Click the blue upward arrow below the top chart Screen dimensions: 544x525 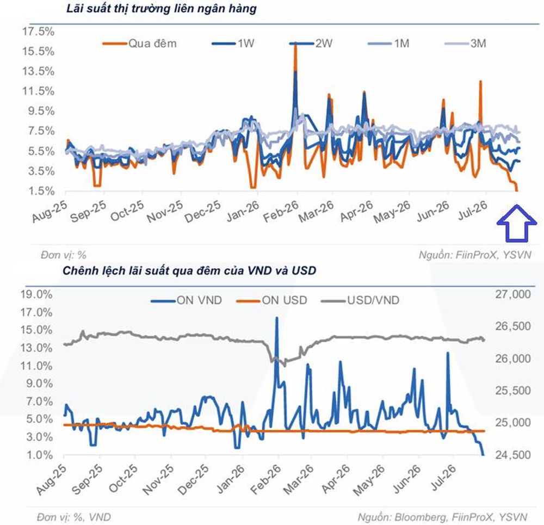point(517,224)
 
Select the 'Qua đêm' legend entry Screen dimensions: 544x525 point(139,44)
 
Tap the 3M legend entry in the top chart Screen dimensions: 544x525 point(465,44)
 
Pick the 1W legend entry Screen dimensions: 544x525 point(233,44)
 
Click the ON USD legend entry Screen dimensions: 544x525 point(271,300)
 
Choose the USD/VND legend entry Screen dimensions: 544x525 point(360,300)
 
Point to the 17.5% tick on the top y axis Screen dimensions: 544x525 point(39,32)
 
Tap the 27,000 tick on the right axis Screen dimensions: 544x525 point(513,294)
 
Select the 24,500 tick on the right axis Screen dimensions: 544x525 point(513,455)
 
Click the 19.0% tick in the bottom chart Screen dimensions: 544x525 point(36,294)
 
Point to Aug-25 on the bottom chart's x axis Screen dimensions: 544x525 point(51,479)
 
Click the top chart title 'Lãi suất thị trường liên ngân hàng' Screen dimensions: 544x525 point(162,8)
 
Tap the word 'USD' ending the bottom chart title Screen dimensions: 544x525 point(304,270)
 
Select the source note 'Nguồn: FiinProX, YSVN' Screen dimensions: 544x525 point(475,255)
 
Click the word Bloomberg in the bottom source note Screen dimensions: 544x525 point(421,517)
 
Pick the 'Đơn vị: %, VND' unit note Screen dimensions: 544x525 point(74,517)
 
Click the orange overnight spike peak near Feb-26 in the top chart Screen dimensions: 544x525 point(295,45)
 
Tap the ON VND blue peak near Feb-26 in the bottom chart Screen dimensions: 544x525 point(277,318)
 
